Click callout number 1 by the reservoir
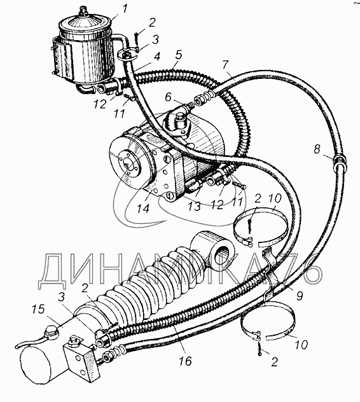[x=124, y=10]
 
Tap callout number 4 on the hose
[x=156, y=57]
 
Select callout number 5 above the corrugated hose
[x=179, y=55]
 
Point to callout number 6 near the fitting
[x=168, y=98]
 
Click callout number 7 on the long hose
[x=225, y=65]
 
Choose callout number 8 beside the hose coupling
[x=317, y=149]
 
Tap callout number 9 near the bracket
[x=300, y=295]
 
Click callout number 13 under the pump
[x=195, y=206]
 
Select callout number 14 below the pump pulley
[x=142, y=208]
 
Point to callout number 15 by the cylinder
[x=39, y=309]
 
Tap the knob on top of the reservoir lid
[x=83, y=11]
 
